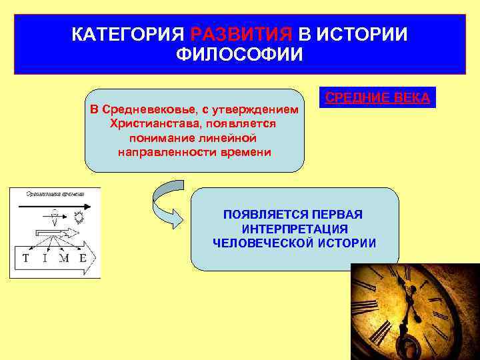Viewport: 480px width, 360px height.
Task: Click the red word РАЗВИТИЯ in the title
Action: pyautogui.click(x=241, y=34)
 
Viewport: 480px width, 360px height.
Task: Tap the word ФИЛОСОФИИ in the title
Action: pyautogui.click(x=239, y=54)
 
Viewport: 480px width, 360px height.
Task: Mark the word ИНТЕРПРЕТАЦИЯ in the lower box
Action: pyautogui.click(x=294, y=229)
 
